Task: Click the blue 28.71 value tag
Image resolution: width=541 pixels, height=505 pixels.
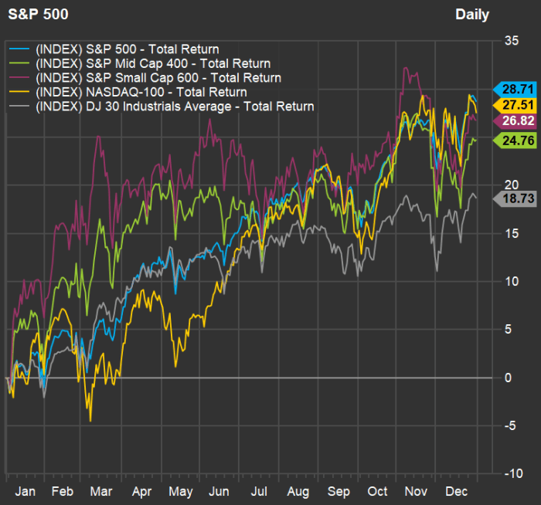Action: tap(510, 89)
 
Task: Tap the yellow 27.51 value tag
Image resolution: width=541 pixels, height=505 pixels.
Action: tap(510, 104)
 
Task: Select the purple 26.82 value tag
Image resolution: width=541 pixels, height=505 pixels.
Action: tap(510, 120)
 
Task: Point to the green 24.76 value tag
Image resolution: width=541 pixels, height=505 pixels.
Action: tap(510, 141)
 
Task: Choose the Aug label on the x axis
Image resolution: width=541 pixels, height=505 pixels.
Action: tap(298, 491)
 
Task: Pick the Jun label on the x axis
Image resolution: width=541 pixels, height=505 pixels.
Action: tap(220, 491)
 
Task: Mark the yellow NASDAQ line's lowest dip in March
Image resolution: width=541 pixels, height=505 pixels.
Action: tap(90, 420)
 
